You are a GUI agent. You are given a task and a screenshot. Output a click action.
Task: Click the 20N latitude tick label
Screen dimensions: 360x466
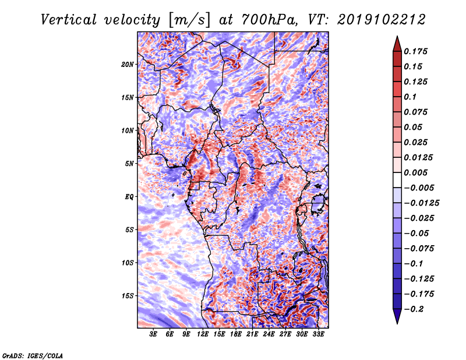point(128,64)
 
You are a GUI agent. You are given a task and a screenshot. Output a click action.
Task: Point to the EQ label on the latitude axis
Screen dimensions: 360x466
point(129,196)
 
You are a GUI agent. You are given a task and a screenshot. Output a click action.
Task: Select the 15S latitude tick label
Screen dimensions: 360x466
point(128,295)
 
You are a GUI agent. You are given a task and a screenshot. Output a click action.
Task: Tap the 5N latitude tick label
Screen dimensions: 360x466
point(129,163)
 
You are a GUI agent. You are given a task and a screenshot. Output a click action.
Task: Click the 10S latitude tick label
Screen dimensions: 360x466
point(128,262)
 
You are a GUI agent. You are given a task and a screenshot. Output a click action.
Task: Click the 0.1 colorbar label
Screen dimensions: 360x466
point(410,97)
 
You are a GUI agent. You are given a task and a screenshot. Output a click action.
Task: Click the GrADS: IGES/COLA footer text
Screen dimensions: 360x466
point(32,354)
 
